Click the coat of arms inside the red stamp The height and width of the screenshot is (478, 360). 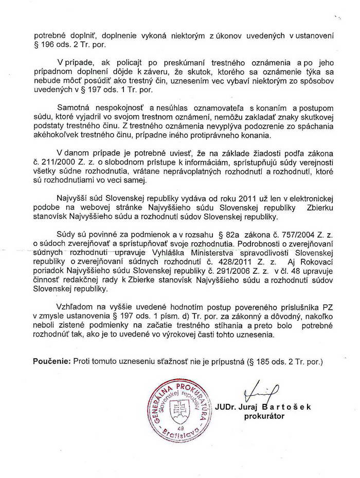click(x=179, y=411)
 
